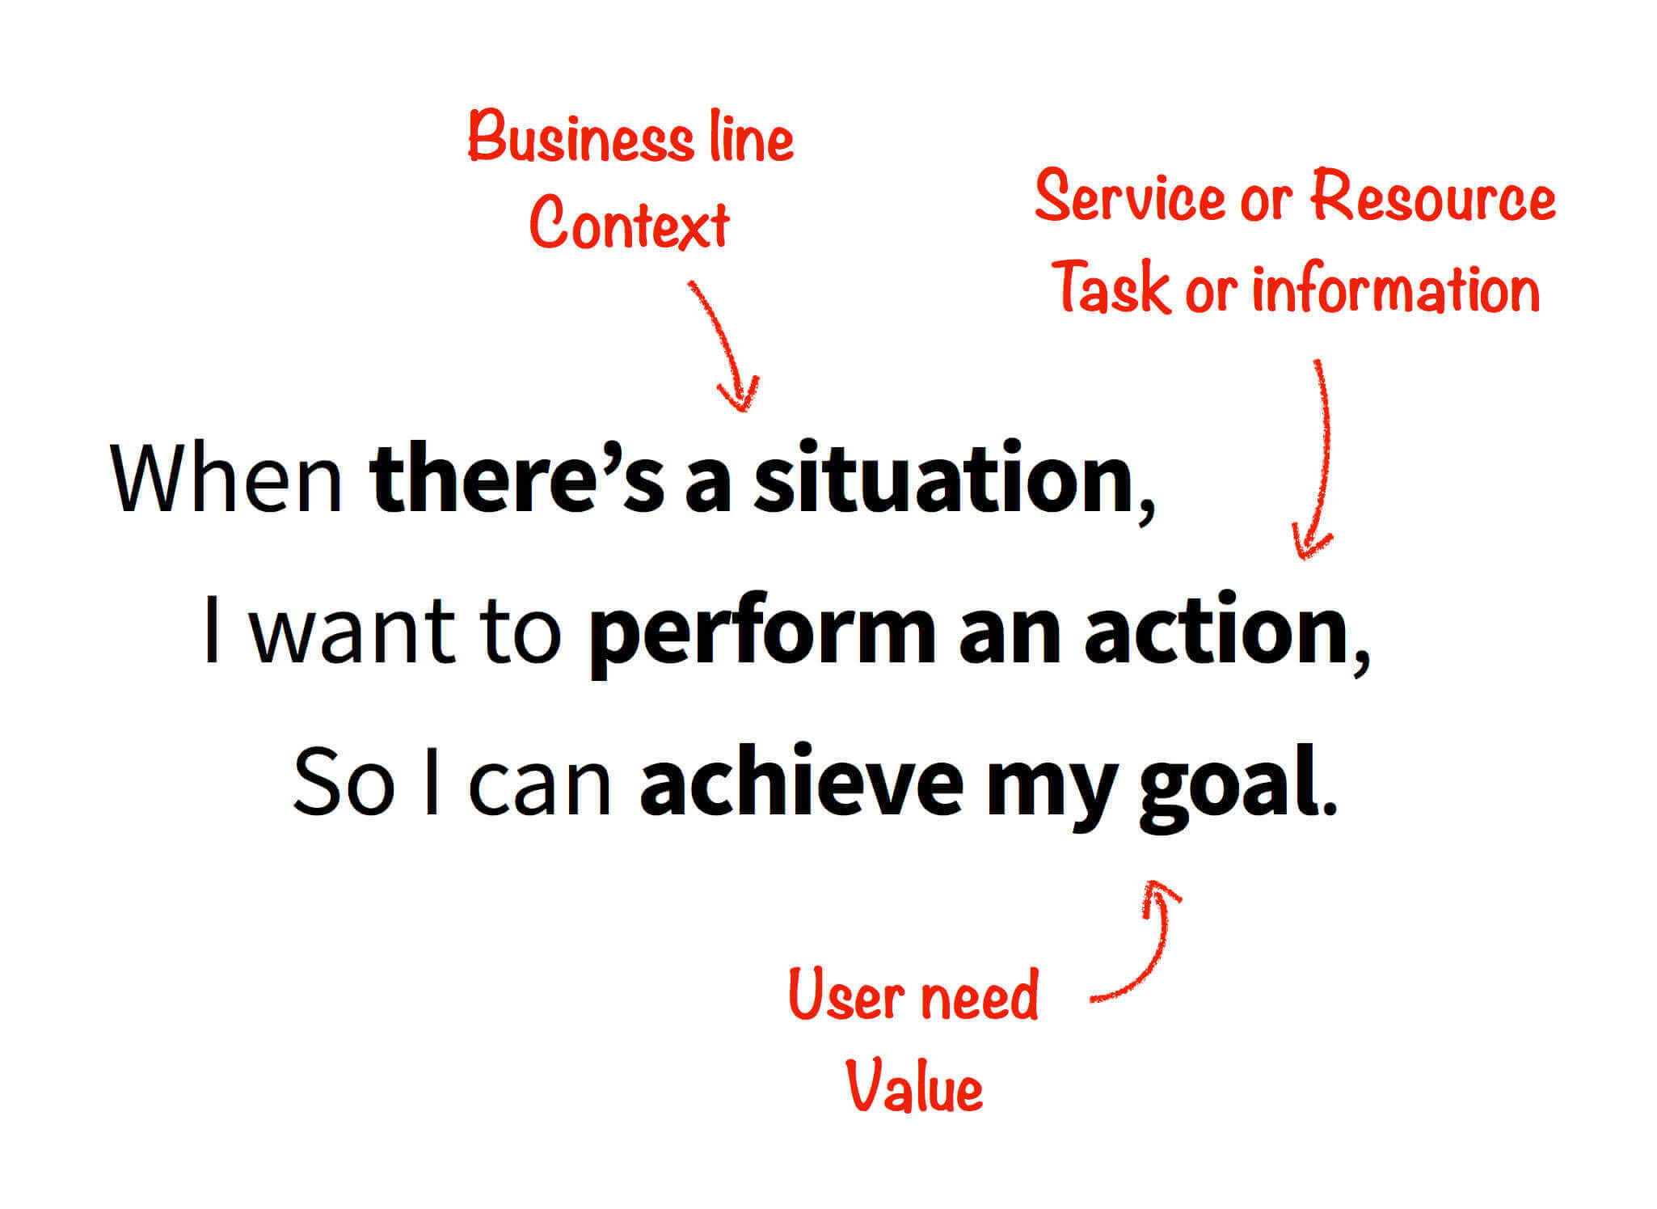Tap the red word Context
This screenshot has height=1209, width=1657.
click(630, 222)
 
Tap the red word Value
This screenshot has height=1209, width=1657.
click(914, 1086)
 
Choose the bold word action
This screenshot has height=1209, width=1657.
click(1216, 629)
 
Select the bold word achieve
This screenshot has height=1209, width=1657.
click(801, 781)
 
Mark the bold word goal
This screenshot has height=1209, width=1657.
click(1229, 786)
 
